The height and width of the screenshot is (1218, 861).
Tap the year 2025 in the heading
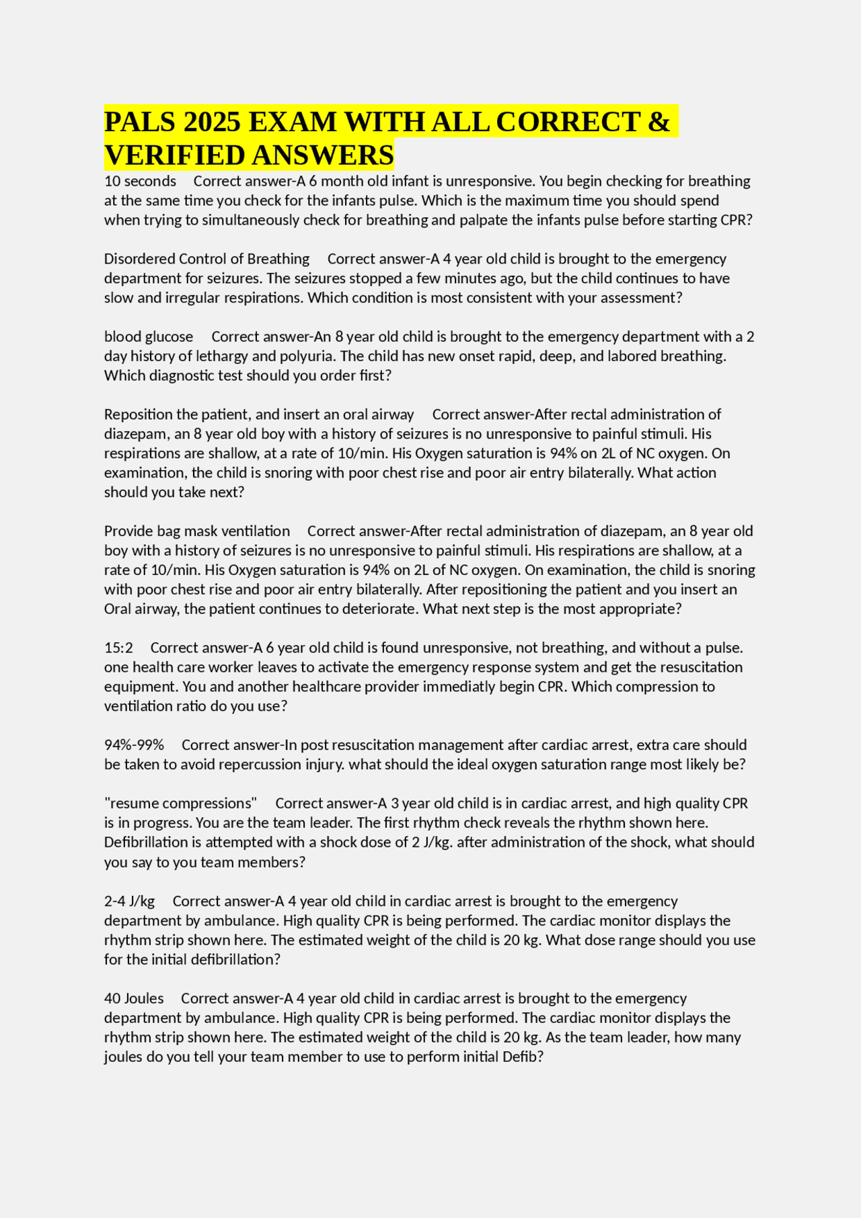click(x=212, y=122)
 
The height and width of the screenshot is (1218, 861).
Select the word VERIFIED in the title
click(x=173, y=155)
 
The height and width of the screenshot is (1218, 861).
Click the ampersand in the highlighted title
click(x=660, y=122)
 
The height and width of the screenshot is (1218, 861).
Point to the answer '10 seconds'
click(x=140, y=181)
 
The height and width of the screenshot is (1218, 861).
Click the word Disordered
click(x=139, y=259)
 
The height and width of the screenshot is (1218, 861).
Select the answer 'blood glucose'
click(x=149, y=336)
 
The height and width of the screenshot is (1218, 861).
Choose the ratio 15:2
click(x=118, y=648)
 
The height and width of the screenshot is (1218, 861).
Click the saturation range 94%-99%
click(x=134, y=745)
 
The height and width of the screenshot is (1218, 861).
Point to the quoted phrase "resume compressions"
click(x=181, y=803)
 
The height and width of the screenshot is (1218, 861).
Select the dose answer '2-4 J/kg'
click(x=129, y=901)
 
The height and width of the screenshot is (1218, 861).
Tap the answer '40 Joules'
click(x=134, y=998)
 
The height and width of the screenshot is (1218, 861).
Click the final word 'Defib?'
click(x=523, y=1057)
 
